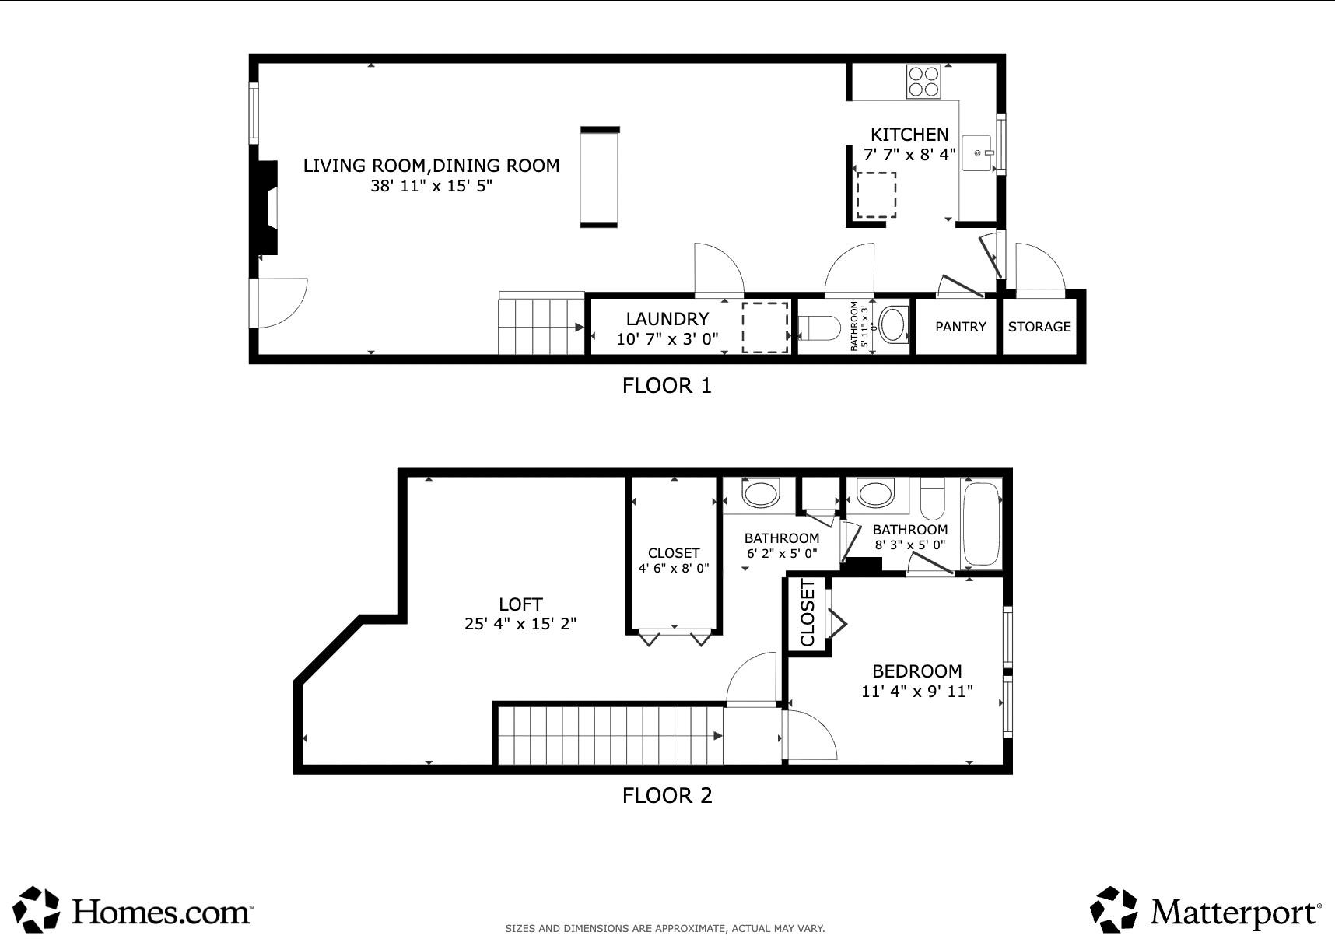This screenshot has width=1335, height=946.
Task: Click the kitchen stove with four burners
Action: tap(923, 82)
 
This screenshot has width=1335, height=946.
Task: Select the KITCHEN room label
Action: tap(909, 135)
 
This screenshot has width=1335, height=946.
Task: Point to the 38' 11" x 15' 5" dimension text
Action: tap(431, 186)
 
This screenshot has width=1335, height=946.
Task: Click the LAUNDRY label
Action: tap(667, 319)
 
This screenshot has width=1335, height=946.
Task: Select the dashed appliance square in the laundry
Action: tap(765, 328)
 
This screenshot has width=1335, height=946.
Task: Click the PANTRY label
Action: tap(960, 327)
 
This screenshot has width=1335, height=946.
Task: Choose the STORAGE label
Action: tap(1039, 327)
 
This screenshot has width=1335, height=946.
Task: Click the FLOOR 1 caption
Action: tap(667, 386)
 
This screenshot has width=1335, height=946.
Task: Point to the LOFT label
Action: tap(520, 604)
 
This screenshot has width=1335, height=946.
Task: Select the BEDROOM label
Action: tap(916, 671)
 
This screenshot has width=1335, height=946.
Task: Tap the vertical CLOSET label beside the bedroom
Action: tap(808, 613)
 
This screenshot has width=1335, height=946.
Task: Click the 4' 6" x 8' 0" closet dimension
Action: tap(674, 569)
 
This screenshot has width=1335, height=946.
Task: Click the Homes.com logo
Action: tap(133, 909)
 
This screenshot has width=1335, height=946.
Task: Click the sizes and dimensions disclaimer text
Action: tap(664, 928)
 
